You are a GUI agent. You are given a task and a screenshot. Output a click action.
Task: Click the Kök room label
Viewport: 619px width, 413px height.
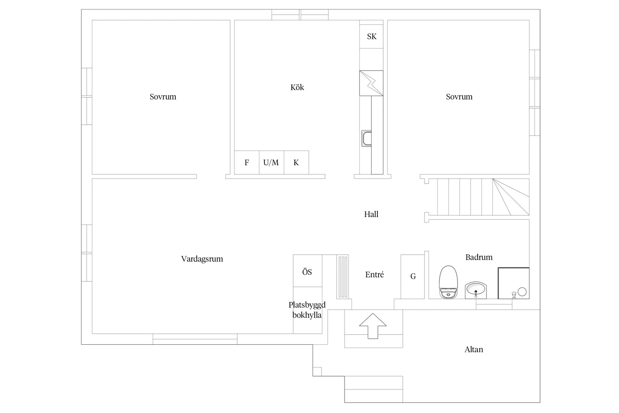[297, 87]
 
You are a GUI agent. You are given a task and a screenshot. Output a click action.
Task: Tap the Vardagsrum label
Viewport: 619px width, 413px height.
[202, 259]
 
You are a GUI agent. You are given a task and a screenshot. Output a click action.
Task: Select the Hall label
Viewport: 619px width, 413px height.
[371, 214]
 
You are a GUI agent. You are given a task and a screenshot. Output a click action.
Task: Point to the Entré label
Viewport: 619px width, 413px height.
[374, 274]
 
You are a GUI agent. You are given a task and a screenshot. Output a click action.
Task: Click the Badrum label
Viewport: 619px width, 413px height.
[479, 257]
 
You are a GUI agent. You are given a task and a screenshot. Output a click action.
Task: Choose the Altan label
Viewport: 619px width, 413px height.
[474, 350]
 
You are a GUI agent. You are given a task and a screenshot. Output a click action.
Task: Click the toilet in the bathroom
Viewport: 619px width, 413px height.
[448, 282]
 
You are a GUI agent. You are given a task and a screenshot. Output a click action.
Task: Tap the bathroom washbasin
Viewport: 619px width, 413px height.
[476, 290]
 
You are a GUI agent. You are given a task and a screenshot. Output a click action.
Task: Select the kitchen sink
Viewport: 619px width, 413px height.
[367, 138]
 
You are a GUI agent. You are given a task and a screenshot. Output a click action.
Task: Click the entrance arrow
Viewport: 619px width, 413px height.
[373, 326]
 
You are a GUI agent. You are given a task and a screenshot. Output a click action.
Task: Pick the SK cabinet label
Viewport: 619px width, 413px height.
[372, 36]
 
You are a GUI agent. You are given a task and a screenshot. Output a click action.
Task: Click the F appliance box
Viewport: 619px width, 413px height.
[247, 162]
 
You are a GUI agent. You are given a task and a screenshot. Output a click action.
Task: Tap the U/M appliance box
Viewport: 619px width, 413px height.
[271, 162]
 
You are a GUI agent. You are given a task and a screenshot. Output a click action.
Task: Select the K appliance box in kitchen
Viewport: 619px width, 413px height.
[296, 162]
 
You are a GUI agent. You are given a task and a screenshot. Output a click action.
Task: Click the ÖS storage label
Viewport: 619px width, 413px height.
[307, 272]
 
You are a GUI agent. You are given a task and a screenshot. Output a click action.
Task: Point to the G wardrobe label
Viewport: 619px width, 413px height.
[413, 276]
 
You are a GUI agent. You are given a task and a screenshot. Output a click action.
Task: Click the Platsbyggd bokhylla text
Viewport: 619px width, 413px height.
[307, 310]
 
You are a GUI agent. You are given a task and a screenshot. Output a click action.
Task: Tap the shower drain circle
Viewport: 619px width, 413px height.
[522, 292]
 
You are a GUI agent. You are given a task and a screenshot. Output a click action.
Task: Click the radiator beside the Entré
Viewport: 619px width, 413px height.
[343, 277]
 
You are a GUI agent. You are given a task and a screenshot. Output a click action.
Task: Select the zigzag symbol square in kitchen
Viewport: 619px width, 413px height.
[371, 83]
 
